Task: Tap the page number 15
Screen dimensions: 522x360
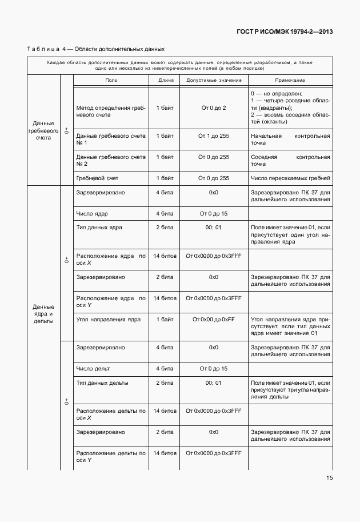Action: [x=330, y=478]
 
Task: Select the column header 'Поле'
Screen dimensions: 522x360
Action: [x=111, y=81]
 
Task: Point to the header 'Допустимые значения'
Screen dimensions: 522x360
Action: [x=214, y=81]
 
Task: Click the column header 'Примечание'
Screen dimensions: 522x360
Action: [x=290, y=81]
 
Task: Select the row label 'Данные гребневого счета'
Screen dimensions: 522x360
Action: [x=43, y=130]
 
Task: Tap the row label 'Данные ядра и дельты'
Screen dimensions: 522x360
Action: [x=43, y=313]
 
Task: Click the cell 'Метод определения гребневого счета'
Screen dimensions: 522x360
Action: [x=111, y=111]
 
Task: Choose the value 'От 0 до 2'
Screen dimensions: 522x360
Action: [x=214, y=107]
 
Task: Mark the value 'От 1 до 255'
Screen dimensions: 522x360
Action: [x=214, y=136]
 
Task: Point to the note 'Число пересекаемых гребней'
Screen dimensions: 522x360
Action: [x=290, y=178]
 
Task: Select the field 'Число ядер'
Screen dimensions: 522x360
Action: [x=92, y=214]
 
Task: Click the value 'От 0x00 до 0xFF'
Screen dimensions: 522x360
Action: [x=214, y=319]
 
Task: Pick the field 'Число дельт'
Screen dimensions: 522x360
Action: [x=93, y=369]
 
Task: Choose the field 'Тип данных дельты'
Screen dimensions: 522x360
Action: [x=102, y=382]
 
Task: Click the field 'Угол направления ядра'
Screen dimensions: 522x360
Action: [x=108, y=319]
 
